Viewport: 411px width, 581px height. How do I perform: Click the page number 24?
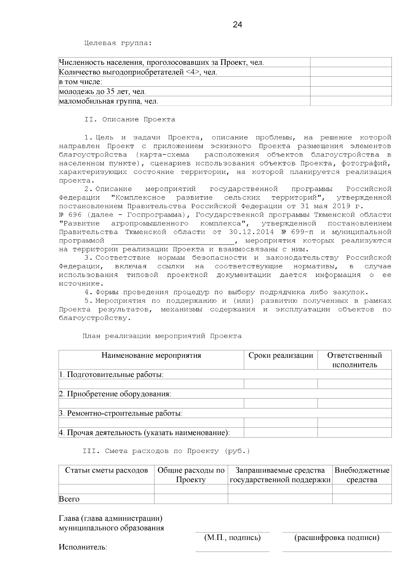coord(237,25)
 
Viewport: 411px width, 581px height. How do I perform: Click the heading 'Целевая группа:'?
coord(118,43)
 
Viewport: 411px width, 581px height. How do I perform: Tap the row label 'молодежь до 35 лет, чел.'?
coord(102,92)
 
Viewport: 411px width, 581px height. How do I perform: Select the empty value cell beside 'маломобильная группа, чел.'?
coord(350,101)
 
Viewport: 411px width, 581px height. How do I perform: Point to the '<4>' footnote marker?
coord(192,73)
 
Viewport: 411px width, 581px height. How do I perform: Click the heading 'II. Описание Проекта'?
coord(130,120)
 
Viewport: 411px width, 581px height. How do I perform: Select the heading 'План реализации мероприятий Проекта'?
coord(162,336)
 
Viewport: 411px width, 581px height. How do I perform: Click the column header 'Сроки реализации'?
coord(281,355)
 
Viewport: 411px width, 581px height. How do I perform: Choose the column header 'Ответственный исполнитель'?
coord(354,360)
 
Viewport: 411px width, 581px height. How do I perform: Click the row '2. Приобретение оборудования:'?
coord(115,394)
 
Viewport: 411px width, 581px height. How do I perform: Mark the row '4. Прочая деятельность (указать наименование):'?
coord(144,433)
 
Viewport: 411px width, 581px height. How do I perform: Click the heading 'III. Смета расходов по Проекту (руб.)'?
coord(166,451)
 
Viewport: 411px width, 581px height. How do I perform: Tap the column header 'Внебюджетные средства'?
coord(362,475)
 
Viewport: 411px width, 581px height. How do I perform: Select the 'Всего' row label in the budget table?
coord(69,499)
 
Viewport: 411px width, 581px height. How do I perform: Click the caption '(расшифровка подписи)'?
coord(337,538)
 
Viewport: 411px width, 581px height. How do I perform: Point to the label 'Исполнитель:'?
coord(83,547)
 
